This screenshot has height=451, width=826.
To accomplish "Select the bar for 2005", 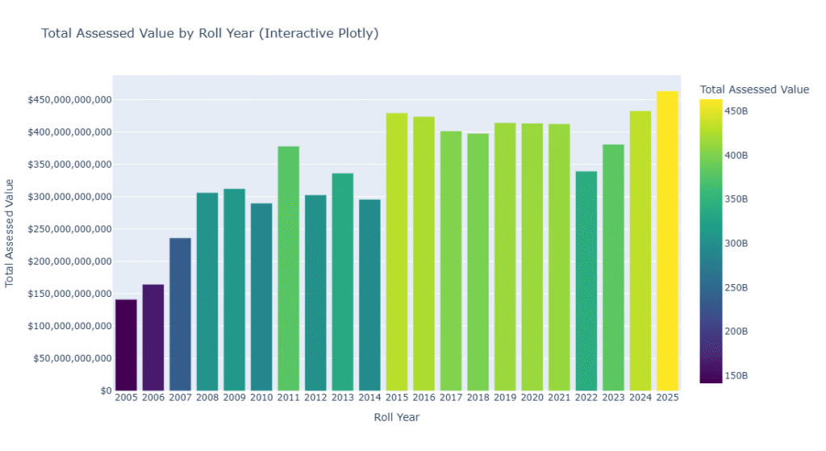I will [126, 345].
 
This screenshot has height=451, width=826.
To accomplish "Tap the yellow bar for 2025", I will [667, 241].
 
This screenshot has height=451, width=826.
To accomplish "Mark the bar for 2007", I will [180, 315].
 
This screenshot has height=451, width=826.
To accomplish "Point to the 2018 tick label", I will [478, 398].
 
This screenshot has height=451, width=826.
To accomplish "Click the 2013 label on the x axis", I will [342, 398].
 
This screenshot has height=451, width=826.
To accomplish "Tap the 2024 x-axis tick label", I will [640, 398].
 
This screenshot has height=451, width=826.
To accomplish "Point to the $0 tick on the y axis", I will [105, 391].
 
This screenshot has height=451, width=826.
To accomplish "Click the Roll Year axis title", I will [396, 417].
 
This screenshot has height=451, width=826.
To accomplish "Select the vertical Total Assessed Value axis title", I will [10, 233].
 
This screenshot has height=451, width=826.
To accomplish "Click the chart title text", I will [210, 34].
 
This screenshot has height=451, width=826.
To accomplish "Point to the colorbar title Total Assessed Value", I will [754, 90].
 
